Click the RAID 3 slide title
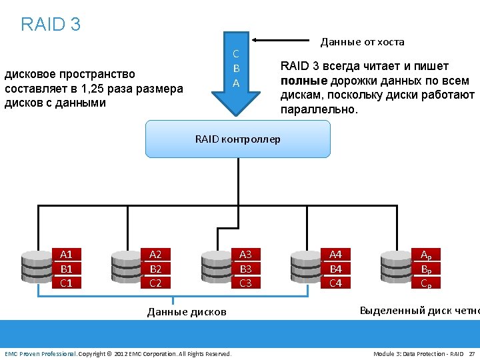click(51, 25)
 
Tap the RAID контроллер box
click(238, 139)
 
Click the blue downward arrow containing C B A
click(235, 73)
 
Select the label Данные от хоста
click(362, 42)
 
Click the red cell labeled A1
click(66, 254)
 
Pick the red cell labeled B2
click(155, 268)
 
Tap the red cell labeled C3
click(245, 283)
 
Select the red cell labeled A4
click(335, 254)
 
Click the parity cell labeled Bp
click(425, 269)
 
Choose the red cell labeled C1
click(66, 283)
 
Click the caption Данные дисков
click(187, 311)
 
